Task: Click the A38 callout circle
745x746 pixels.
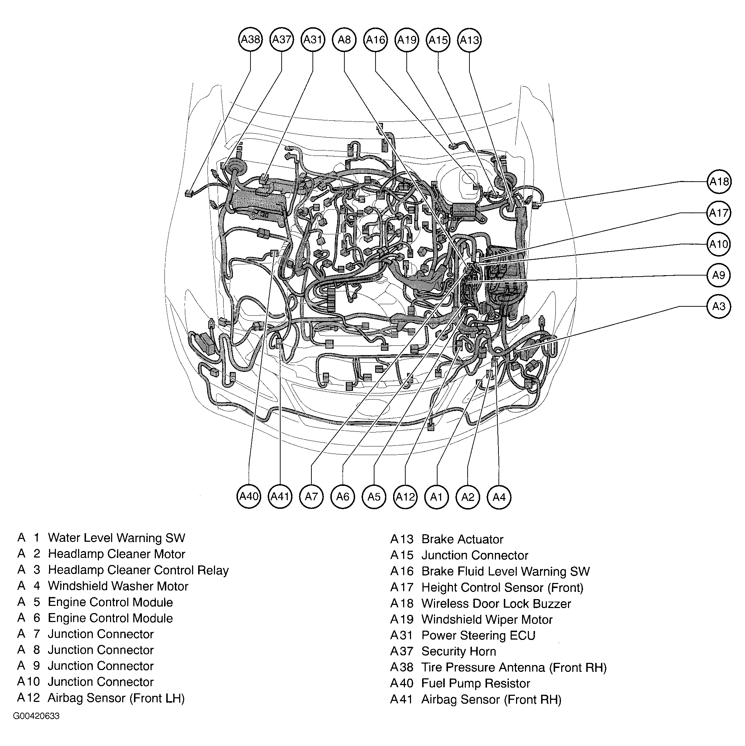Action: pos(250,39)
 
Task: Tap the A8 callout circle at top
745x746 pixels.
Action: pos(344,39)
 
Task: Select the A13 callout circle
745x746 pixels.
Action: pos(469,40)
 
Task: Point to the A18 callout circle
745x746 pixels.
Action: pos(719,181)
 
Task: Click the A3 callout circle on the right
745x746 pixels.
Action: pos(719,306)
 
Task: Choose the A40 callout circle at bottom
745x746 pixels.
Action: pos(249,496)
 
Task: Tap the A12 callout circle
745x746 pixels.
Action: pos(405,497)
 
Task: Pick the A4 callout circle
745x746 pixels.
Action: pos(499,497)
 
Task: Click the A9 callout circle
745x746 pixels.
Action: pos(719,275)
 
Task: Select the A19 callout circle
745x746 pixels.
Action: pos(407,40)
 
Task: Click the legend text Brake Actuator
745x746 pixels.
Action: pos(462,539)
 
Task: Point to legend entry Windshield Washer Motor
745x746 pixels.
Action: pos(118,586)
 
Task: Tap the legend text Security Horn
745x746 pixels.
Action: pos(458,651)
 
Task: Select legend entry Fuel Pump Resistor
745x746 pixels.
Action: pos(476,683)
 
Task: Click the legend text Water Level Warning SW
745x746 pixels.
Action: pos(116,538)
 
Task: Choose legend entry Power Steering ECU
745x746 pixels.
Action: pos(478,635)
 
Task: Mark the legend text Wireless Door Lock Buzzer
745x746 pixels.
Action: pos(496,603)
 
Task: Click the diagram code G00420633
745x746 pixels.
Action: pos(36,717)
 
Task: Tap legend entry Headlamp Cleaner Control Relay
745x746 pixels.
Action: pos(138,570)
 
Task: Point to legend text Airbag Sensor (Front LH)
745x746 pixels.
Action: pos(116,698)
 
